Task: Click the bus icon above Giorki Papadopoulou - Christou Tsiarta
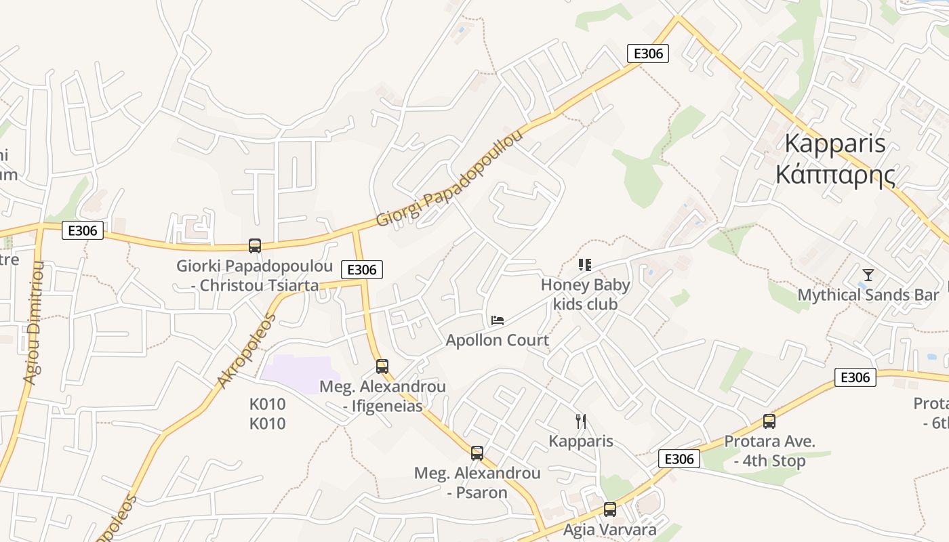pyautogui.click(x=255, y=246)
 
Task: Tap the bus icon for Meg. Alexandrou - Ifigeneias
pyautogui.click(x=382, y=367)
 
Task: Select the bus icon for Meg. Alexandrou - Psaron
pyautogui.click(x=477, y=453)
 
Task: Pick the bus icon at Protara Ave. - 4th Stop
pyautogui.click(x=769, y=421)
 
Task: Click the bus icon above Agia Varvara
pyautogui.click(x=610, y=509)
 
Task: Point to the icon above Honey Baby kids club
pyautogui.click(x=585, y=265)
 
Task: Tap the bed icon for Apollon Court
pyautogui.click(x=498, y=320)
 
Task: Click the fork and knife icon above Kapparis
pyautogui.click(x=581, y=421)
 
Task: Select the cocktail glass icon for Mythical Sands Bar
pyautogui.click(x=868, y=275)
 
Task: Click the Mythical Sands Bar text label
pyautogui.click(x=868, y=295)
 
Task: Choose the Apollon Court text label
pyautogui.click(x=498, y=340)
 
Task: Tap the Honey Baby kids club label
pyautogui.click(x=585, y=295)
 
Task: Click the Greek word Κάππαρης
pyautogui.click(x=835, y=175)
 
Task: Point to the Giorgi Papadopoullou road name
pyautogui.click(x=450, y=179)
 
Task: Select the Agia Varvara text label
pyautogui.click(x=610, y=530)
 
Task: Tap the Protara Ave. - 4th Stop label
pyautogui.click(x=769, y=451)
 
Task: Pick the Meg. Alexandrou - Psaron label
pyautogui.click(x=477, y=482)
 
